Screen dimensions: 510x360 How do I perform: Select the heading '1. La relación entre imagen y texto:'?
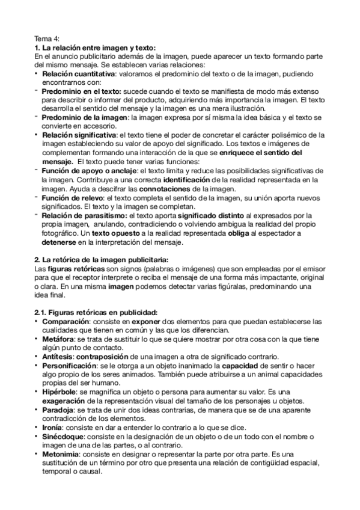point(94,48)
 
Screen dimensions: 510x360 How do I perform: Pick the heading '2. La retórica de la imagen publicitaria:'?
point(101,259)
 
